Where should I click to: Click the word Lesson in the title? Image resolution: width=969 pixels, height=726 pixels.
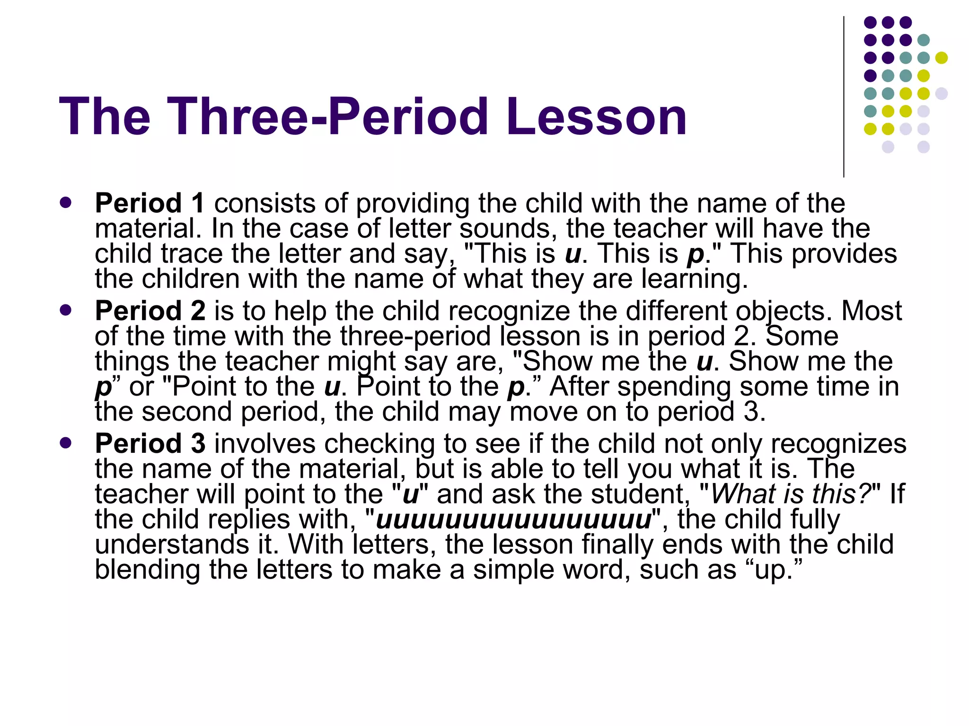coord(596,117)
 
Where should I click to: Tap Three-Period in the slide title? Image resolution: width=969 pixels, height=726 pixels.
coord(326,117)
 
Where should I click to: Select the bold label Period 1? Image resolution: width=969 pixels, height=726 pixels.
coord(150,203)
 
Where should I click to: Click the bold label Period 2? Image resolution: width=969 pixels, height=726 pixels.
coord(150,311)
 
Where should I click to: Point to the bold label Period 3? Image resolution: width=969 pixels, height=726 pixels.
coord(150,444)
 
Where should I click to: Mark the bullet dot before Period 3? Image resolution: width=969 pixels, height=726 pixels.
coord(66,443)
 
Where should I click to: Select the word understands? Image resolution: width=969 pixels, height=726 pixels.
coord(172,545)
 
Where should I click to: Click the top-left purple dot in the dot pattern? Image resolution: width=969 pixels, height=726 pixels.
coord(870,22)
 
